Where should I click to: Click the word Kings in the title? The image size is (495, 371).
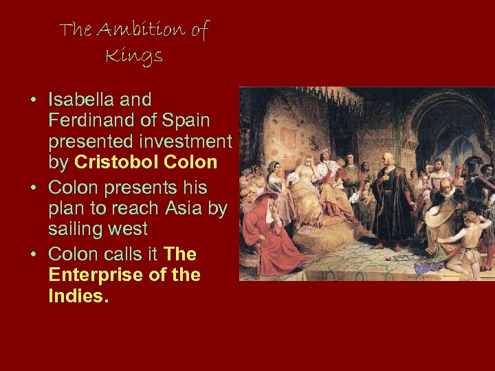pyautogui.click(x=134, y=56)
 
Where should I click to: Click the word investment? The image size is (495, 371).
pyautogui.click(x=185, y=142)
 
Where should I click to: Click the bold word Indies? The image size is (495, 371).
pyautogui.click(x=76, y=296)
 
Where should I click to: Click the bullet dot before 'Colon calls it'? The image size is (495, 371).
pyautogui.click(x=33, y=255)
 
